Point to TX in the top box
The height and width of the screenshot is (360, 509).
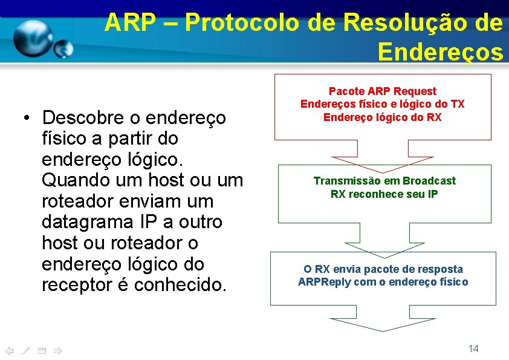coord(458,104)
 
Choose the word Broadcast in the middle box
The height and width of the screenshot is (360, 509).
coord(429,181)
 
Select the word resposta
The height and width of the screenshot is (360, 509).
coord(443,269)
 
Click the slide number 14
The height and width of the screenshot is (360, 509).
coord(473,349)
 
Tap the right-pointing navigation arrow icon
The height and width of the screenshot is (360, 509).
coord(57,350)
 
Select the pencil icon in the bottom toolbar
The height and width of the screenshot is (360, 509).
coord(25,350)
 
